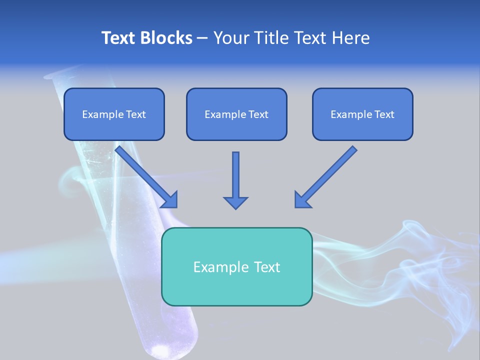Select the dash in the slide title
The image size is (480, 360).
point(202,38)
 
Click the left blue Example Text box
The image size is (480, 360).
point(114,114)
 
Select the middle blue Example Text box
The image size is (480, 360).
point(236,114)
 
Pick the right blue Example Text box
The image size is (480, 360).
point(362,114)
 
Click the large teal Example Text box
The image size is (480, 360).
point(236,266)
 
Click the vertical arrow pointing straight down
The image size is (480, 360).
point(235,175)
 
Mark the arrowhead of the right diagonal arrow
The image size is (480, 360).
point(302,199)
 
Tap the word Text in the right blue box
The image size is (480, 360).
point(384,114)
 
